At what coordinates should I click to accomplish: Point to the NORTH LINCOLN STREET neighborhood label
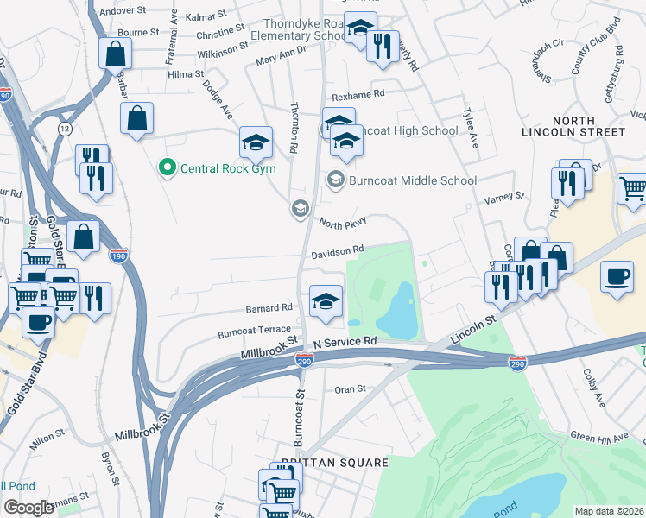573,125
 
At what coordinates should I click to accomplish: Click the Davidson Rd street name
338,252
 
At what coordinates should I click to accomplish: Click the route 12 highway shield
65,128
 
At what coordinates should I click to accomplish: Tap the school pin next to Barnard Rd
326,301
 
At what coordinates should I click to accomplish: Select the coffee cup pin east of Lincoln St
617,277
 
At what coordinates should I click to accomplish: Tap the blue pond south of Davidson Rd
398,311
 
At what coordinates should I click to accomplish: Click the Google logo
28,508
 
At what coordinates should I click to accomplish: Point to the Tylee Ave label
472,128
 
